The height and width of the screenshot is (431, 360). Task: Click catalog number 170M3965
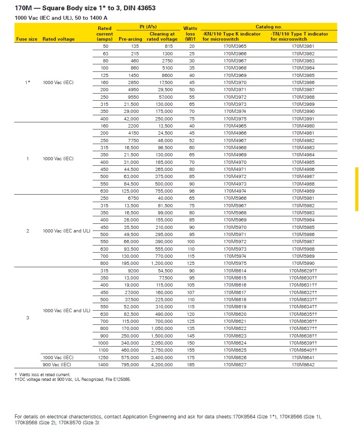tap(235, 46)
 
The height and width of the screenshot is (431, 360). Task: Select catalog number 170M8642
tap(303, 365)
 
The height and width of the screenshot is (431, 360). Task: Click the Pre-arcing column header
tap(130, 39)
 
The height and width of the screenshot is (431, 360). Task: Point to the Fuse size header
tap(27, 39)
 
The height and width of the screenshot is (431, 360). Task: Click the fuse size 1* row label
tap(28, 82)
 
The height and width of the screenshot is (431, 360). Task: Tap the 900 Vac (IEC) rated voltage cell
tap(57, 365)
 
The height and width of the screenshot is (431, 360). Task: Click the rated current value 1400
tap(103, 365)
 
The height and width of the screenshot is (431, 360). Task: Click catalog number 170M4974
tap(235, 191)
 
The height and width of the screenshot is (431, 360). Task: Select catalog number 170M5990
tap(303, 263)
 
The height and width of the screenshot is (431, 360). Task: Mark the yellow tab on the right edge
tap(357, 189)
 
